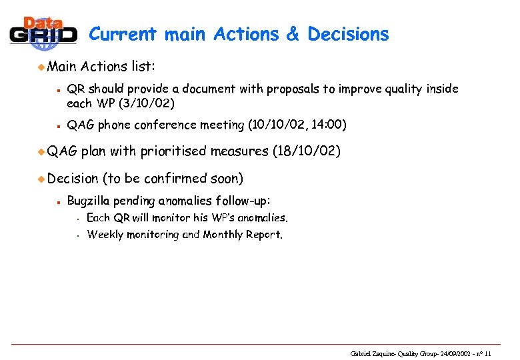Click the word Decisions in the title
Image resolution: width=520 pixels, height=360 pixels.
(x=348, y=34)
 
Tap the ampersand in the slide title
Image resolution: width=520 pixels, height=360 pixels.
(x=293, y=34)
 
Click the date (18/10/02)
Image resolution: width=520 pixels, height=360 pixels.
(x=307, y=151)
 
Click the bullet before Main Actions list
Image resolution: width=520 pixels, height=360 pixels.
(x=41, y=67)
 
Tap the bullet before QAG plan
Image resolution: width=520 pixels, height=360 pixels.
(x=41, y=152)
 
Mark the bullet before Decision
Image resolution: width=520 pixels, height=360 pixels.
(x=41, y=179)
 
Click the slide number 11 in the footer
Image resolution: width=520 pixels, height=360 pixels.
(x=488, y=353)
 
